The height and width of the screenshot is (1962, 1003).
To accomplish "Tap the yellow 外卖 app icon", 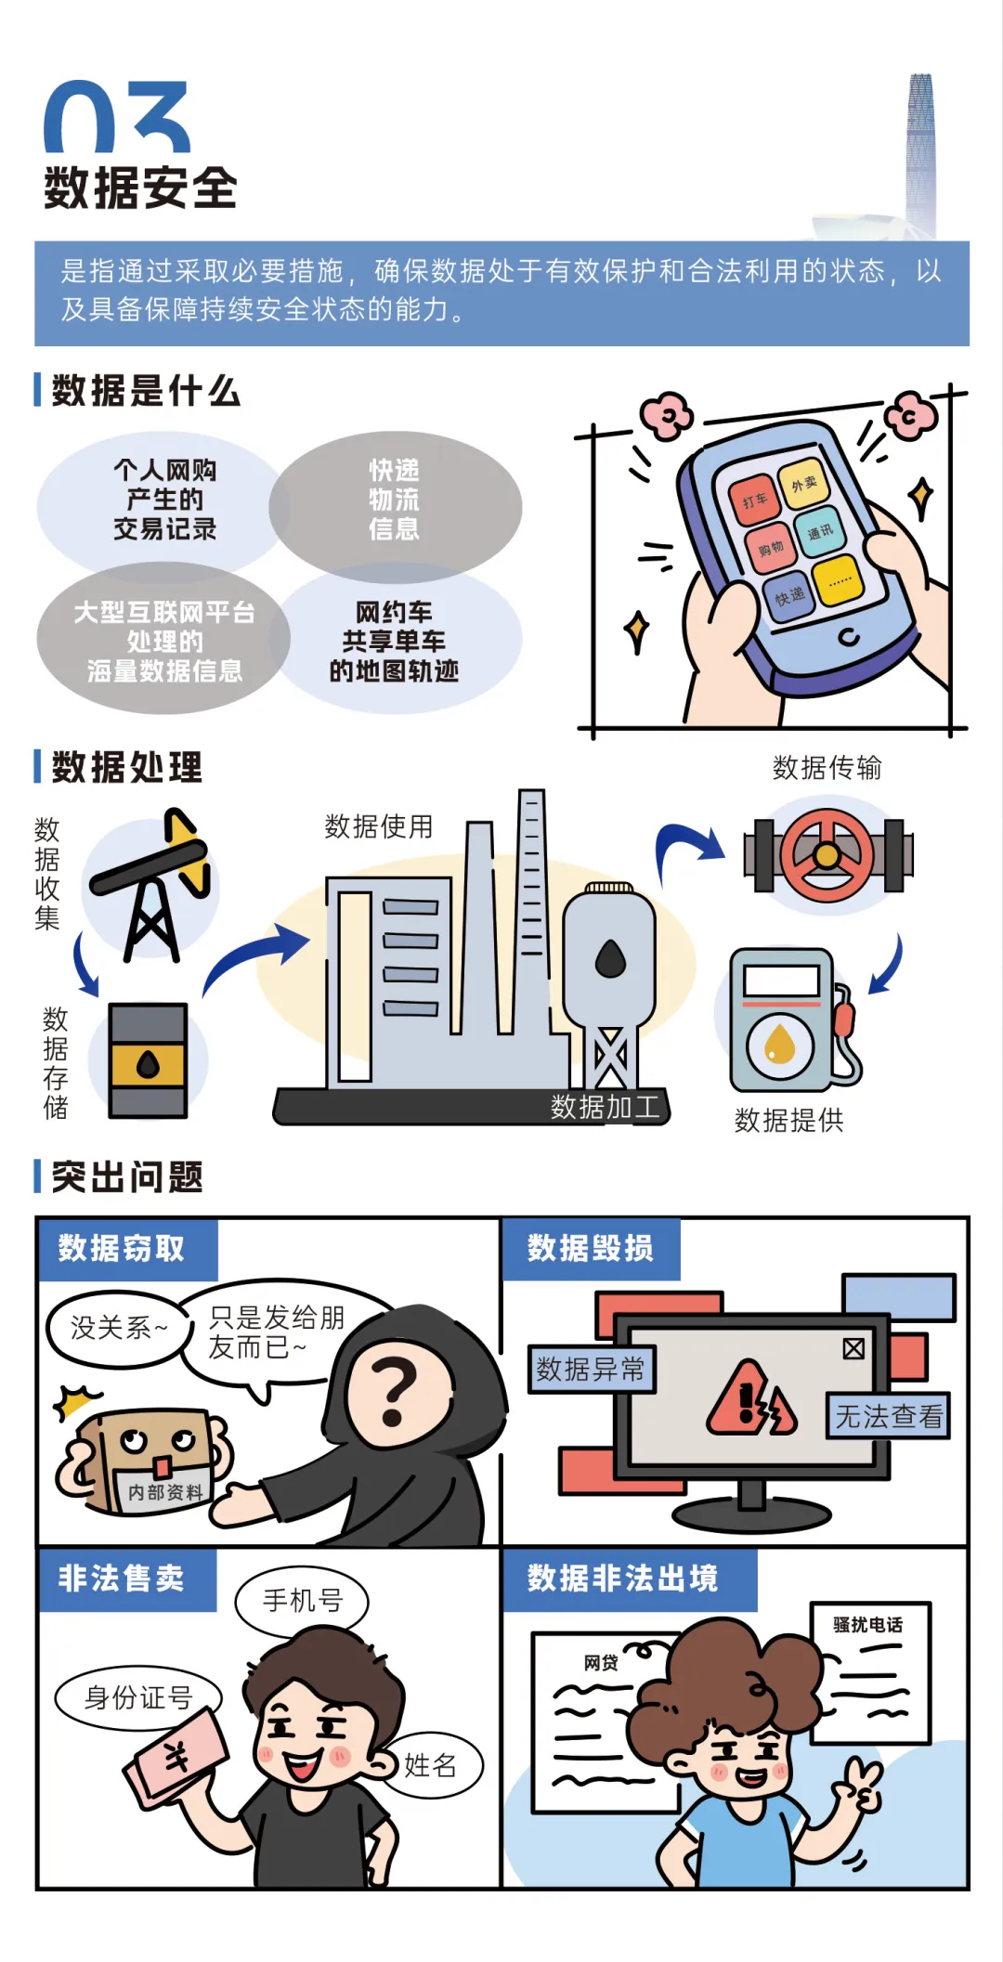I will click(x=803, y=483).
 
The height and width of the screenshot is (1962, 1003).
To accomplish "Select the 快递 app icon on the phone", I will click(x=789, y=596).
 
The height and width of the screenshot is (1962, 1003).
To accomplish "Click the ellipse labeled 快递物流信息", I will click(x=395, y=501).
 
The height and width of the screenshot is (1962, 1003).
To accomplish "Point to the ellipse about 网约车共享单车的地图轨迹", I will click(x=395, y=641).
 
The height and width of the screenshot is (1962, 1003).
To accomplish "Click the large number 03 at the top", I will click(x=117, y=117).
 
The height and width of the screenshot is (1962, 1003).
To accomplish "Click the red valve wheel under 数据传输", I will click(x=827, y=855).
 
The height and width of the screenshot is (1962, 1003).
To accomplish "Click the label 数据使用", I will click(x=378, y=826).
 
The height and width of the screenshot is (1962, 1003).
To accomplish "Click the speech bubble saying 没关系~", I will click(x=118, y=1328).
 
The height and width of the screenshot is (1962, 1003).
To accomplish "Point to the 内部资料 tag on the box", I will click(x=163, y=1491).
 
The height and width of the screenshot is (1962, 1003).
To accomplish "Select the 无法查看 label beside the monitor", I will click(x=888, y=1416).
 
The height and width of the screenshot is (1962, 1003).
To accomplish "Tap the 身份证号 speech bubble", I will click(x=138, y=1697).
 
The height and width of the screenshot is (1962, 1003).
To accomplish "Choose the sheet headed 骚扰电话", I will click(x=870, y=1671).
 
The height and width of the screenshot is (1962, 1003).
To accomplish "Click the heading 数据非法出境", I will click(x=622, y=1578).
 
